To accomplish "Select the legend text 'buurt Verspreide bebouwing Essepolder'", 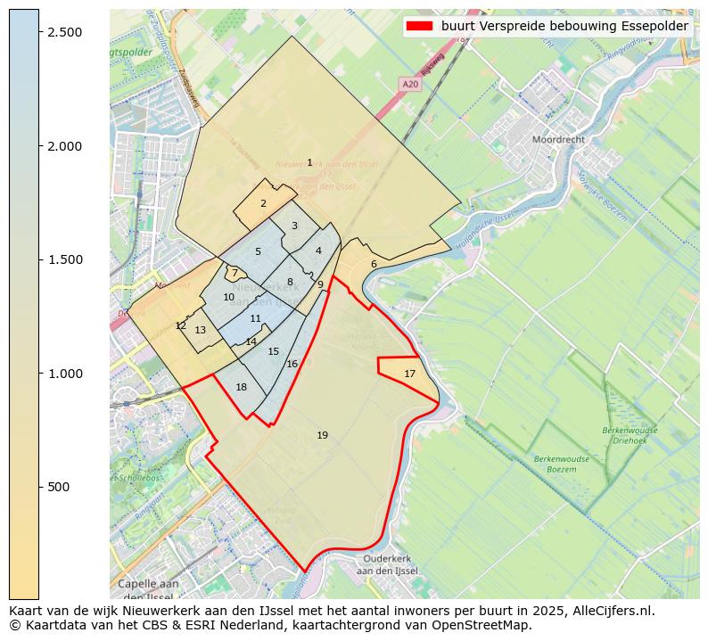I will point(564,26).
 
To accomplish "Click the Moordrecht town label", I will point(564,140).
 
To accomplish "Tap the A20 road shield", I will point(410,84).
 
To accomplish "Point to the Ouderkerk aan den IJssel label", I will point(386,564).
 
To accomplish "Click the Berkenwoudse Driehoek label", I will point(630,436).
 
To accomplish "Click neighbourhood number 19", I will point(322,435).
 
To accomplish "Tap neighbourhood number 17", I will point(409,374).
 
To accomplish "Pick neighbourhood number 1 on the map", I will point(309,162).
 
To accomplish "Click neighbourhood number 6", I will point(374,264).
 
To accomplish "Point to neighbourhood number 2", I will point(263,203).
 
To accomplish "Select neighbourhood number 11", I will point(256,318).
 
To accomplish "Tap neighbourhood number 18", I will point(241,387).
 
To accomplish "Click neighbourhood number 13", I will point(200,330).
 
